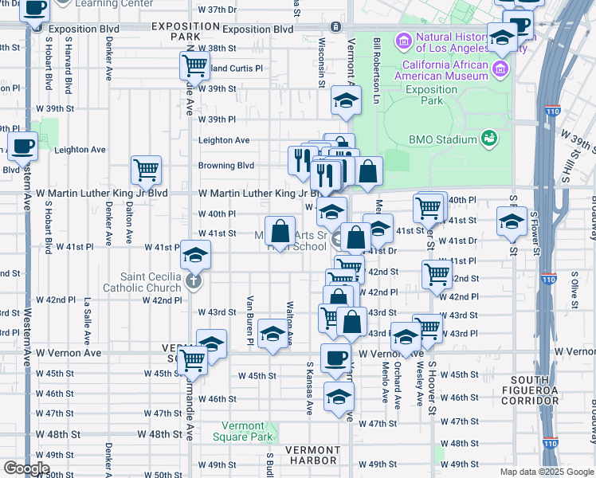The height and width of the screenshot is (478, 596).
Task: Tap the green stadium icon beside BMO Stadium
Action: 491,139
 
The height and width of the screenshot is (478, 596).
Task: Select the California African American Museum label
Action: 445,70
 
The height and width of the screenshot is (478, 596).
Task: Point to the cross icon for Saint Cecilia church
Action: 193,281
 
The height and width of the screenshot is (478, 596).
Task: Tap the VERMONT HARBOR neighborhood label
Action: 312,455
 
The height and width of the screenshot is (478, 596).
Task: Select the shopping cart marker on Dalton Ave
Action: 147,170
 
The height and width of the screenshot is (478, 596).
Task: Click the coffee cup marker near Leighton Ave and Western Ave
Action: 23,147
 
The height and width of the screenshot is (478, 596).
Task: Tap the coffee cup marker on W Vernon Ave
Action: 335,358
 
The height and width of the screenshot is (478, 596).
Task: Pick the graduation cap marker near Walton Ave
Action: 273,335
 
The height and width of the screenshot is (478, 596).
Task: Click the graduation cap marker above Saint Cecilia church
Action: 194,257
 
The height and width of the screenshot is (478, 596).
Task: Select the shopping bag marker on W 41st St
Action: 280,232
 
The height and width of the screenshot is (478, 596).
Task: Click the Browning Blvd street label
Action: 226,166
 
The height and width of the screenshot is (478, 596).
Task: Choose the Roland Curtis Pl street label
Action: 230,69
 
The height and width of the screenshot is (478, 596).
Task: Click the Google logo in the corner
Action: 26,468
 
